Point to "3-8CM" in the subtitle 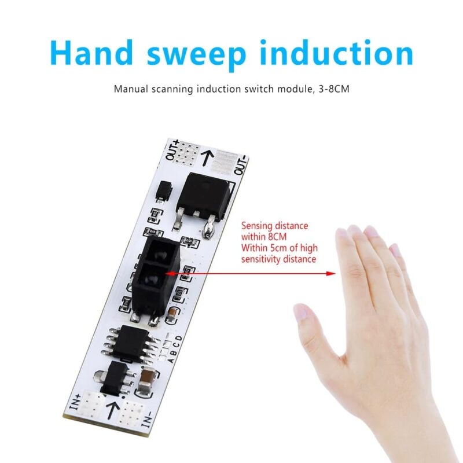point(334,89)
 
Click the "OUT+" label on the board point(172,150)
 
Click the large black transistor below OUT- point(202,200)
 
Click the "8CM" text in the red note point(278,236)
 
